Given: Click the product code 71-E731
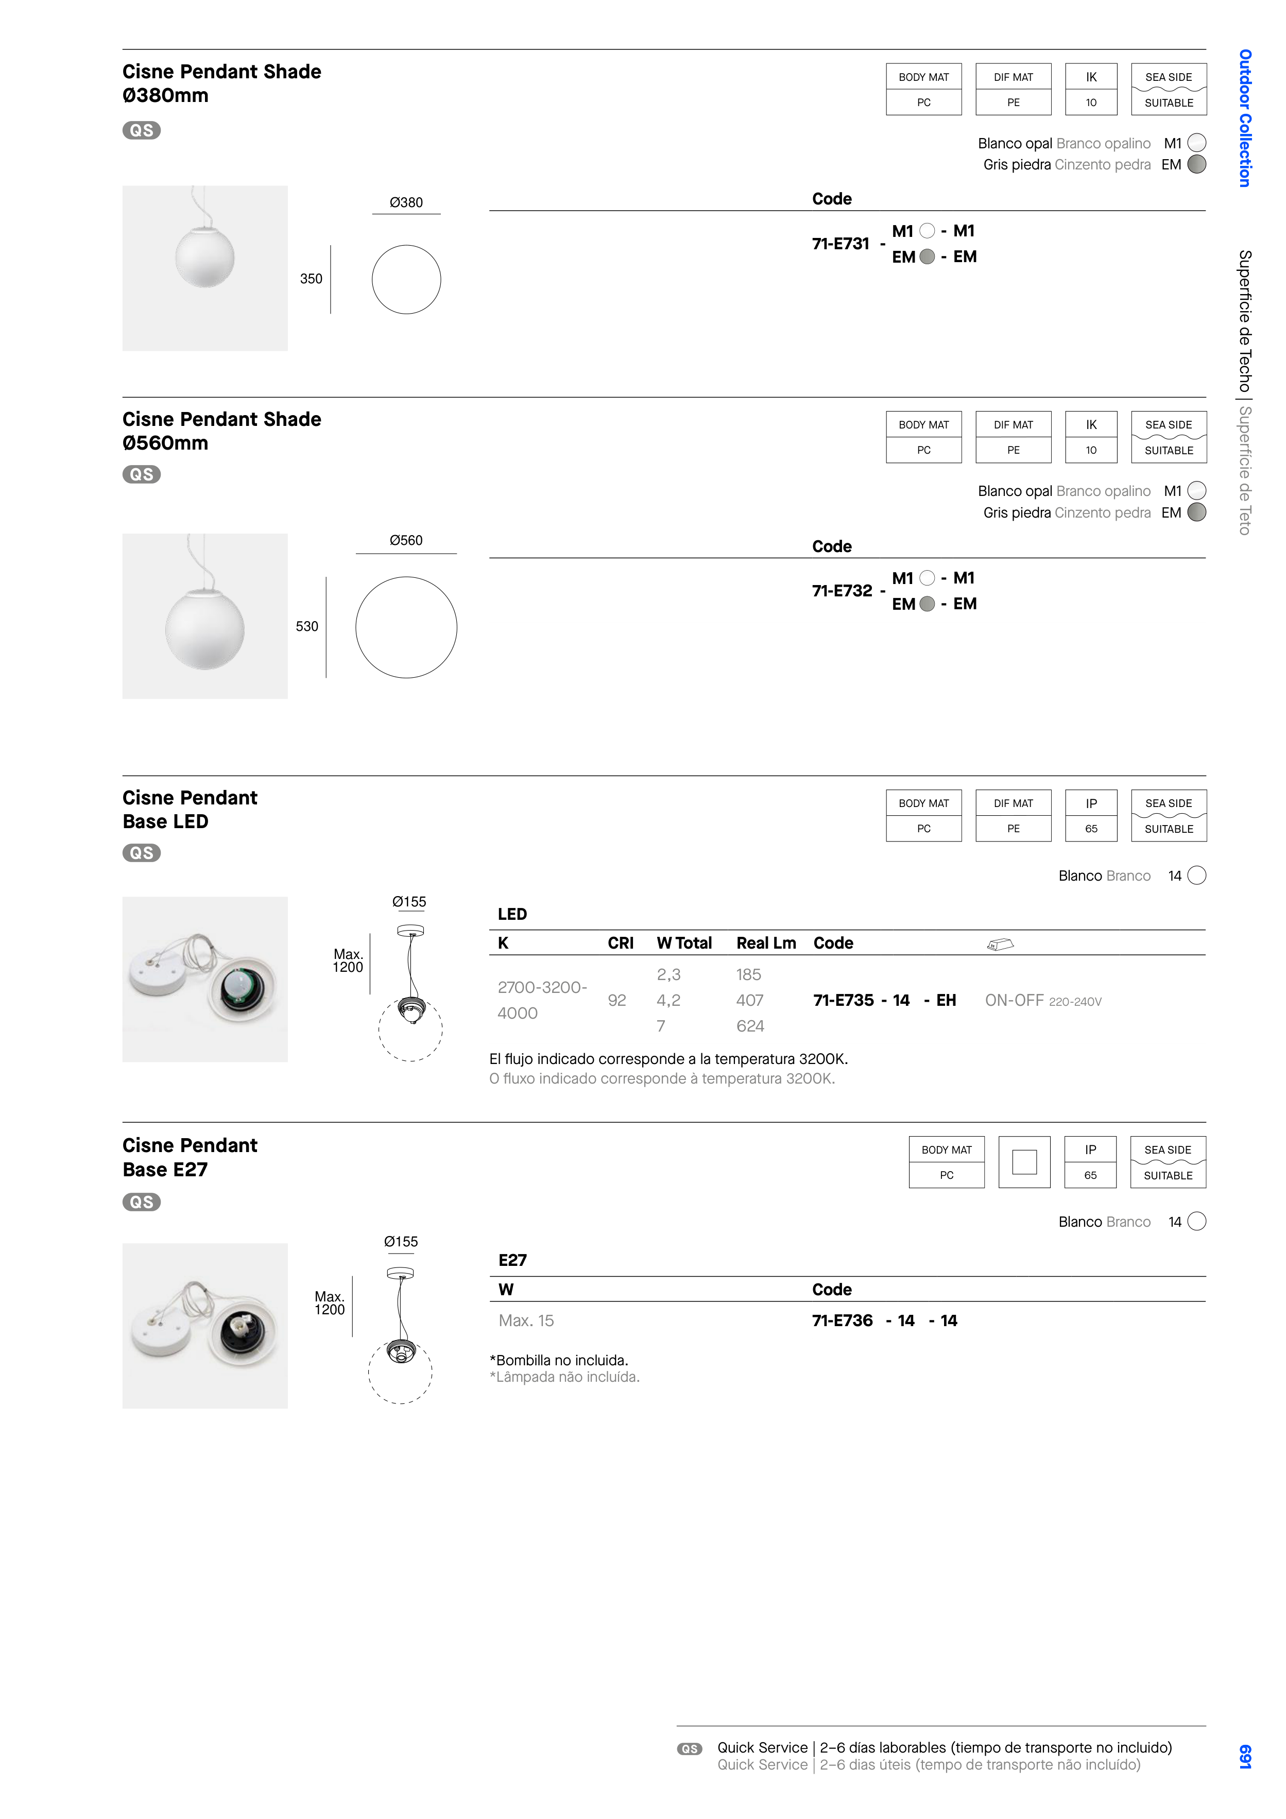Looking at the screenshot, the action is (840, 244).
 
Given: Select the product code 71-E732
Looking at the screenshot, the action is (842, 591).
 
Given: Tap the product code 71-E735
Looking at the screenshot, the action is (843, 1001).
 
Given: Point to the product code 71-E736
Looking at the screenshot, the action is (842, 1320).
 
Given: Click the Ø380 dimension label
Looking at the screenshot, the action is (406, 203).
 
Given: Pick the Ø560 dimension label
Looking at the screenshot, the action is (406, 540).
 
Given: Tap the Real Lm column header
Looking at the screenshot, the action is (766, 943).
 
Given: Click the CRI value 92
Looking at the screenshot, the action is (617, 1001).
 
